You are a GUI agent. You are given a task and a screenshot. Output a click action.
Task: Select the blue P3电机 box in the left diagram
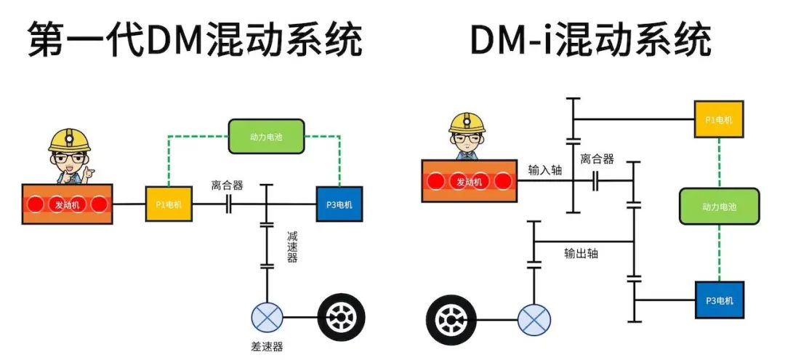(339, 204)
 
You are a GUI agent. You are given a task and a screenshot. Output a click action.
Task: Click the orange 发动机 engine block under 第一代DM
(66, 204)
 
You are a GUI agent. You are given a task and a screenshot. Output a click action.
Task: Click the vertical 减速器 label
(291, 247)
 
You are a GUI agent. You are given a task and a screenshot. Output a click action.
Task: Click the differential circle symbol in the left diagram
(267, 317)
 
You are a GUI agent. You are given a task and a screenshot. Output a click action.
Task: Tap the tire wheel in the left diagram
(341, 317)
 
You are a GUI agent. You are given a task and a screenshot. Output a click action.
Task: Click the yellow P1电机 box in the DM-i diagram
(719, 119)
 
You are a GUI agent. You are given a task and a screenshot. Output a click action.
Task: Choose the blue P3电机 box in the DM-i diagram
(719, 300)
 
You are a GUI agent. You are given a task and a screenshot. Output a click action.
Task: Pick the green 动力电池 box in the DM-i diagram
(719, 207)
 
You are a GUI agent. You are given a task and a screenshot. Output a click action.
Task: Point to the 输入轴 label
(545, 169)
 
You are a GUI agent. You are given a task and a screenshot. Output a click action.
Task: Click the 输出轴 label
(581, 254)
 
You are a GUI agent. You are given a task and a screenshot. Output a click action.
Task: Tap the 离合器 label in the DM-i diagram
(597, 159)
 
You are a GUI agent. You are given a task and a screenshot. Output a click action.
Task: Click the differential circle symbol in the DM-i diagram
(534, 318)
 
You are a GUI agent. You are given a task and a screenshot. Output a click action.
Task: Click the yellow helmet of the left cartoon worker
(69, 140)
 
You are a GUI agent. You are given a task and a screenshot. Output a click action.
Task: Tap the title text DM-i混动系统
(589, 40)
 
